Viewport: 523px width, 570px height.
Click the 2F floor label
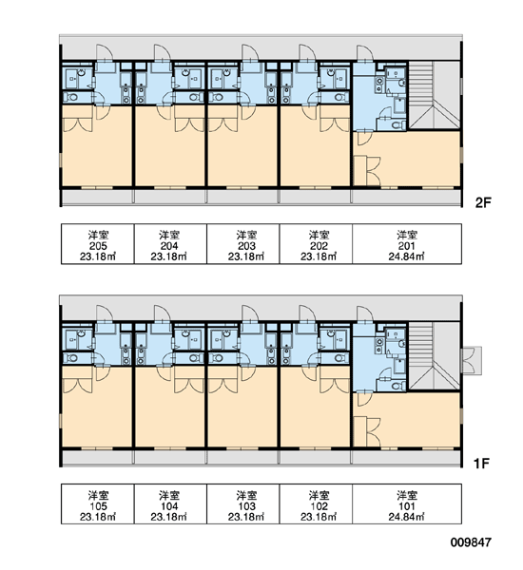pos(483,202)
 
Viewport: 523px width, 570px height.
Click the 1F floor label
pos(482,464)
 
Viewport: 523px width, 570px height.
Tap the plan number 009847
pos(471,542)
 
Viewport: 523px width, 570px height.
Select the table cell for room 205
pos(98,243)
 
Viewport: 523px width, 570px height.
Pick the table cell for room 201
pos(407,243)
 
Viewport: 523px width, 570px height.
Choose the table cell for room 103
pos(243,503)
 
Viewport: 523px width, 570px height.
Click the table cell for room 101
pos(407,503)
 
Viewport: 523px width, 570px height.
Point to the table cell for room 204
pos(170,243)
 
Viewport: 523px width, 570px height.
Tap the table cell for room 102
pos(316,503)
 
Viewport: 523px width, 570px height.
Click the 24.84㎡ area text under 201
pos(407,256)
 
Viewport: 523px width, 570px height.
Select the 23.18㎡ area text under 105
pos(98,517)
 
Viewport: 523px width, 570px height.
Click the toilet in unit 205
pos(73,97)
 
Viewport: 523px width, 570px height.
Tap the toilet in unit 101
pos(400,385)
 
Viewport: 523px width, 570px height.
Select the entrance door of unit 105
pos(105,313)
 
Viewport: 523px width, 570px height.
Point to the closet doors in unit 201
pos(374,171)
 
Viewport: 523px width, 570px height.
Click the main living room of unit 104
pos(170,408)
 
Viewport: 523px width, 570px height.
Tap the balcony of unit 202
pos(316,198)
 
